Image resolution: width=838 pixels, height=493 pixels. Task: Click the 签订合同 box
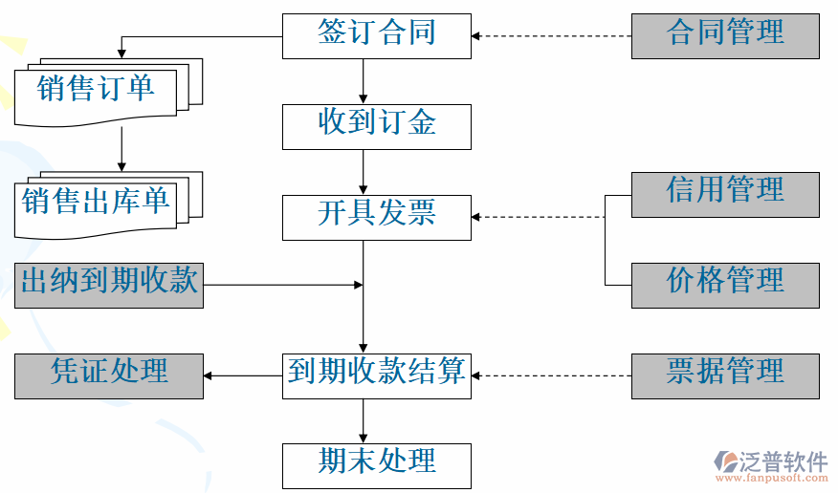(x=376, y=35)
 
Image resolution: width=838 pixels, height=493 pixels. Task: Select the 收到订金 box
(x=376, y=126)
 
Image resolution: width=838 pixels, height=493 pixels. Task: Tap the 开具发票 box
(x=376, y=217)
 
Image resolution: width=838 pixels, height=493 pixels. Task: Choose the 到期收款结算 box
(x=376, y=375)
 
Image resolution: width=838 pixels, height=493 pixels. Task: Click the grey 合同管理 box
(x=725, y=35)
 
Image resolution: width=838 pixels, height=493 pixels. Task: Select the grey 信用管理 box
(x=725, y=194)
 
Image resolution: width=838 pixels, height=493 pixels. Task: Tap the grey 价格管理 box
(x=725, y=285)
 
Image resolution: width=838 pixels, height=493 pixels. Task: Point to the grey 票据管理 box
(x=725, y=375)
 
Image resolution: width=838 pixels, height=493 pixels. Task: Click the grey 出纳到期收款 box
(x=109, y=285)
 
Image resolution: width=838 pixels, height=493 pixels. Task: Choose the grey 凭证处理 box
(x=109, y=375)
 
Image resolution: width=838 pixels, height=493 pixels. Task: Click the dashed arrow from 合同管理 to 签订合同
(x=552, y=36)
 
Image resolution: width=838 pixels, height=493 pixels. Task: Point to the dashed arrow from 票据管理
(x=552, y=375)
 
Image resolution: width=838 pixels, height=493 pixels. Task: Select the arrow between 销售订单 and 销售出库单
(x=122, y=149)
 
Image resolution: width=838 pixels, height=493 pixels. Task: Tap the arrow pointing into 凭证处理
(x=243, y=375)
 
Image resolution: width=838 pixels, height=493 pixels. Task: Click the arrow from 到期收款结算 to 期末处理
(x=364, y=420)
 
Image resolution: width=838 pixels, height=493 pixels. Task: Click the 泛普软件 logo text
(x=783, y=461)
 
